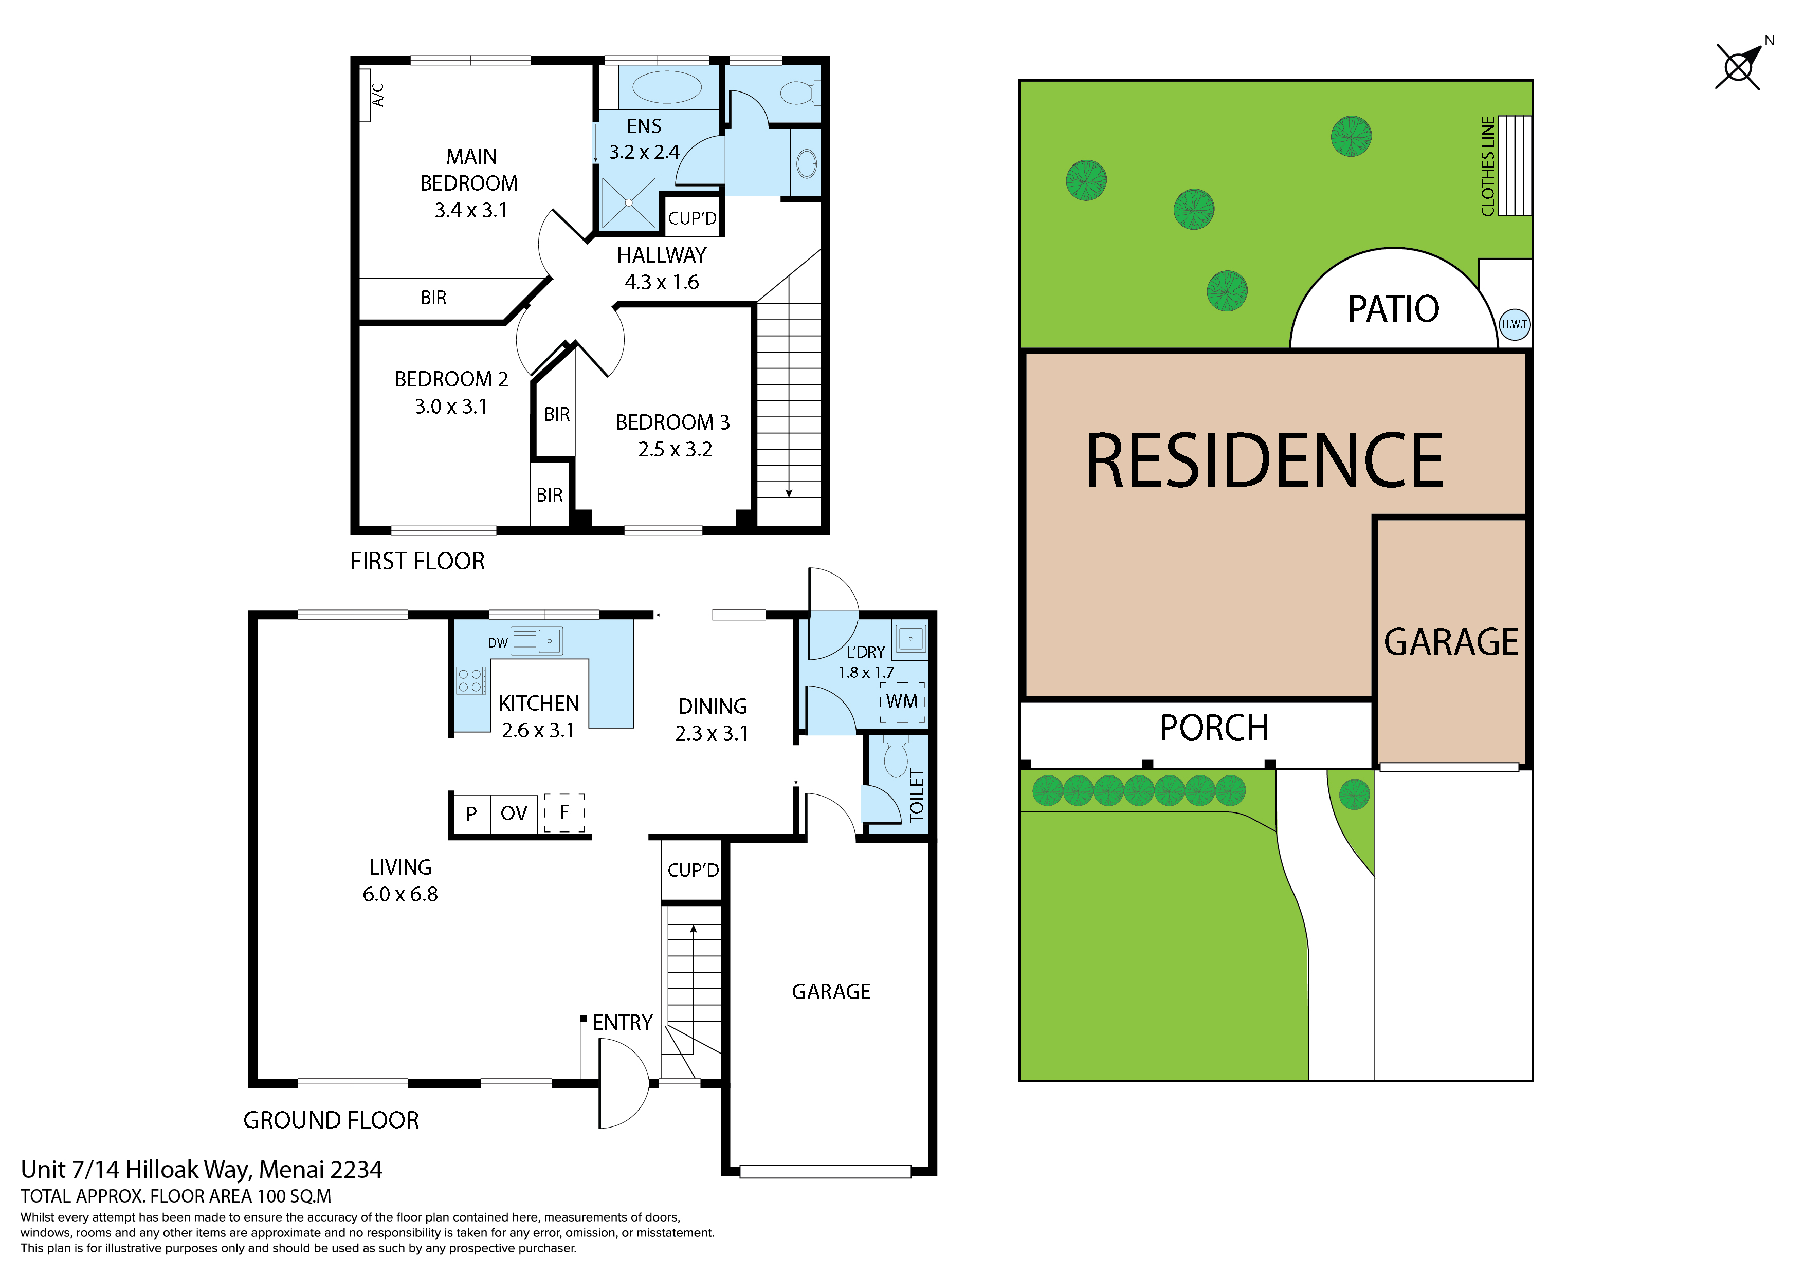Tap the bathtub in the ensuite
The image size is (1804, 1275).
(x=667, y=87)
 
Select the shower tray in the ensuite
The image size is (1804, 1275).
(x=629, y=202)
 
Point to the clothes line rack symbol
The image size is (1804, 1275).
(x=1514, y=166)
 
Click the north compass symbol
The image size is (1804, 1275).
(x=1740, y=65)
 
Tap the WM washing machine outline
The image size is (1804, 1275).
(x=902, y=701)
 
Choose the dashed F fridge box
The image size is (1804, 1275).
(x=564, y=812)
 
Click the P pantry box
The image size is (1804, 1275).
(x=471, y=814)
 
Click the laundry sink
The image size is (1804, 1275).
(x=910, y=639)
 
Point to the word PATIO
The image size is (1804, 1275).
(x=1393, y=309)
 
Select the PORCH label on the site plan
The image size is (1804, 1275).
(x=1214, y=728)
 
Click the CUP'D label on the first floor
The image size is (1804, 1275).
(x=692, y=218)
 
